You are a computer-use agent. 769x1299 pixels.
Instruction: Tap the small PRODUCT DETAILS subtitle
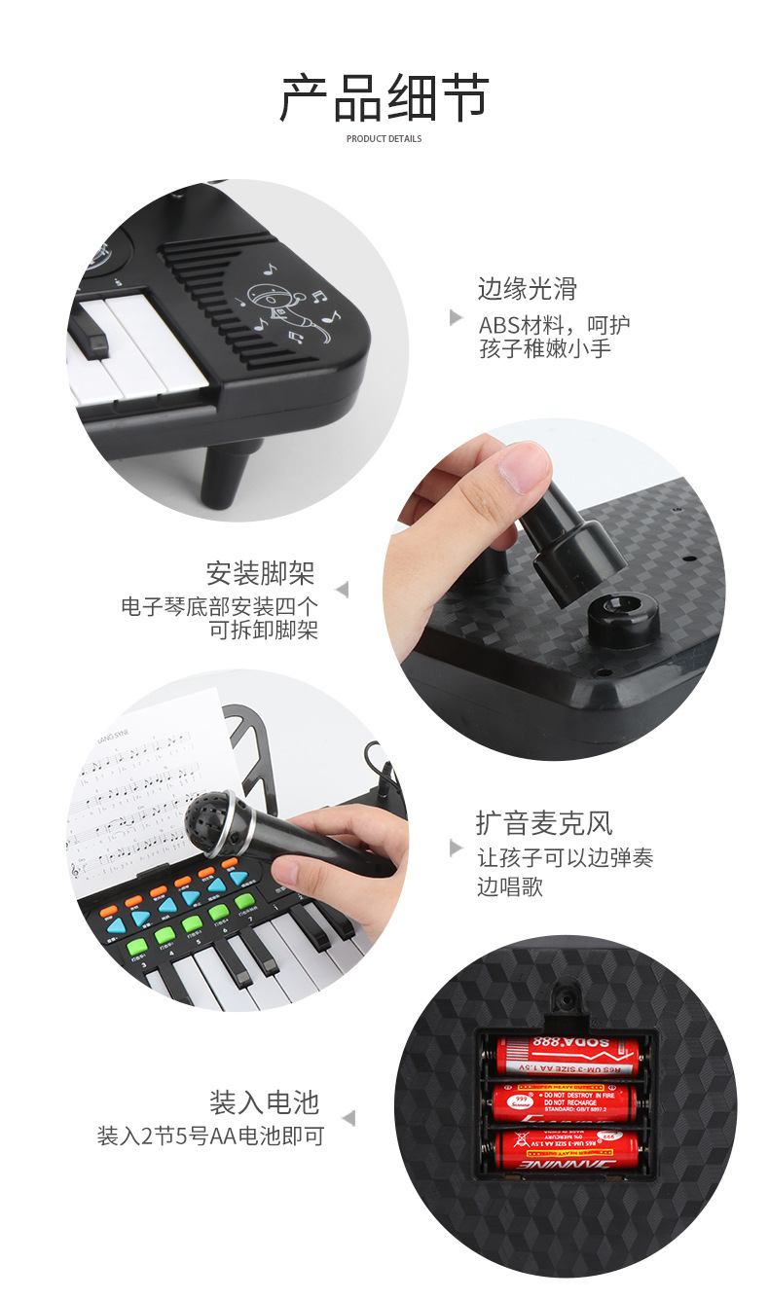pos(384,139)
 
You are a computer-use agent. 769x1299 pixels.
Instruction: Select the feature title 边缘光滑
pos(527,288)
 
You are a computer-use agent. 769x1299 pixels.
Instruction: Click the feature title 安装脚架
pos(261,572)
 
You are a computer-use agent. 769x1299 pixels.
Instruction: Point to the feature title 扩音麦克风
pos(543,823)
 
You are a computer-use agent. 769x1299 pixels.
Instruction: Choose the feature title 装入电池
pos(264,1102)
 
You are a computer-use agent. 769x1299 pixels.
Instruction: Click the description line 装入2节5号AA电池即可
pos(210,1136)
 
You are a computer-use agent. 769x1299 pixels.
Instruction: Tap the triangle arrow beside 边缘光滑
pos(456,317)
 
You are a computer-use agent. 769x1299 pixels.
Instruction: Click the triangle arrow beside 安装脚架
pos(342,590)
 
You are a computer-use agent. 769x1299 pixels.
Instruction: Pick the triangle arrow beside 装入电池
pos(348,1119)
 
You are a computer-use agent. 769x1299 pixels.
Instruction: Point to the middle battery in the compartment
pos(565,1102)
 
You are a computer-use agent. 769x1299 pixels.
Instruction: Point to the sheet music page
pos(136,798)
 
